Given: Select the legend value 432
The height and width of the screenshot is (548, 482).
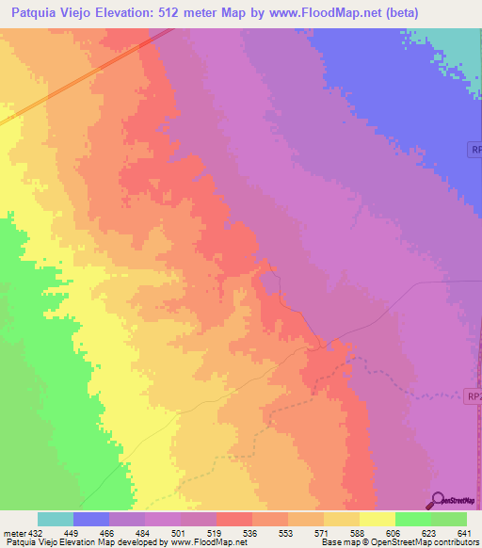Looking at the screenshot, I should [35, 532].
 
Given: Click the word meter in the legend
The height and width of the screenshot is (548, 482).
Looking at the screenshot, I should [12, 532].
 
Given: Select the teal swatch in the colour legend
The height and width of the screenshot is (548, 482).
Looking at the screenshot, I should [56, 519].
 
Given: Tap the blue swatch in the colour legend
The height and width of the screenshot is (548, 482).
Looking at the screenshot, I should [91, 519].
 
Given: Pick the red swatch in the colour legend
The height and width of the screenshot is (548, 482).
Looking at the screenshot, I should [234, 519].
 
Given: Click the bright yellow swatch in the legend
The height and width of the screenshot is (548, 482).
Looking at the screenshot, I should [378, 519].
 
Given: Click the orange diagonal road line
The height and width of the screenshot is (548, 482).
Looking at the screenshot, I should [85, 77].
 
